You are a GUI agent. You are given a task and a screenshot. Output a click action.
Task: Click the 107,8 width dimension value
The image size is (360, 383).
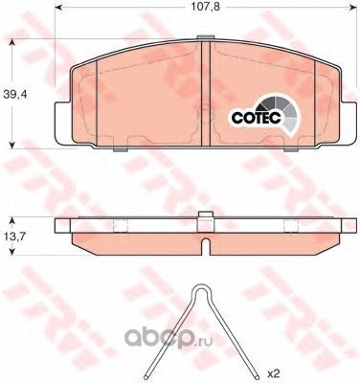point(206,7)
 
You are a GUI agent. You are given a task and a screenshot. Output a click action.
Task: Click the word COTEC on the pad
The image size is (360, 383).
point(257,118)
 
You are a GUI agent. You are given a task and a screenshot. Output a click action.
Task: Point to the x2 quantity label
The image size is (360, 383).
point(274,372)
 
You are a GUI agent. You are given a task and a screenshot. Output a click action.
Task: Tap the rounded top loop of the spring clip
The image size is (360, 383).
point(200,289)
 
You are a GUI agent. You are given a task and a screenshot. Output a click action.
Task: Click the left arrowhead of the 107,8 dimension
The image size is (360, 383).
point(58,7)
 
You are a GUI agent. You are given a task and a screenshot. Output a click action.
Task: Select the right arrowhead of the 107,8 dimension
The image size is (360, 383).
point(352,7)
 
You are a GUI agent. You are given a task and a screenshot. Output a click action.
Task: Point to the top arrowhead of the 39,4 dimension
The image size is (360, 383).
point(11,43)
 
